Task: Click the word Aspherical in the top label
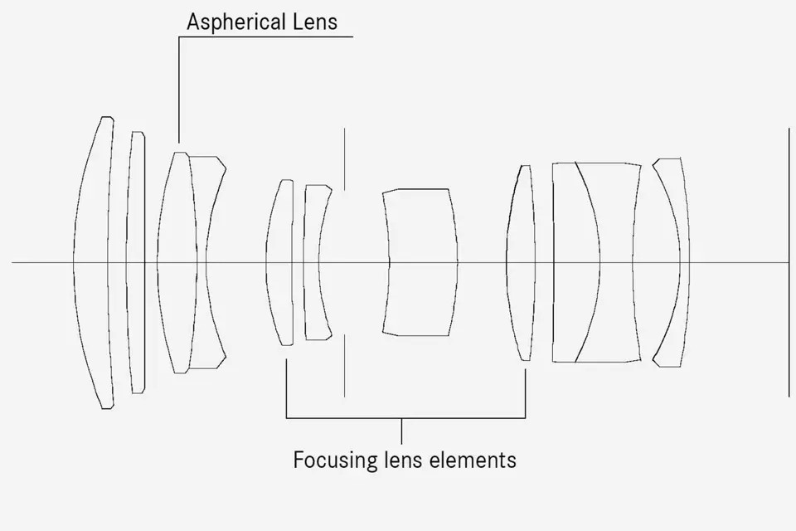click(235, 22)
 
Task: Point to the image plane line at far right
click(789, 263)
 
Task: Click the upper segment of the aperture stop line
click(345, 159)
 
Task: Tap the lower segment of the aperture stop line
click(345, 365)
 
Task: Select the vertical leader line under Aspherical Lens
click(179, 90)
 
